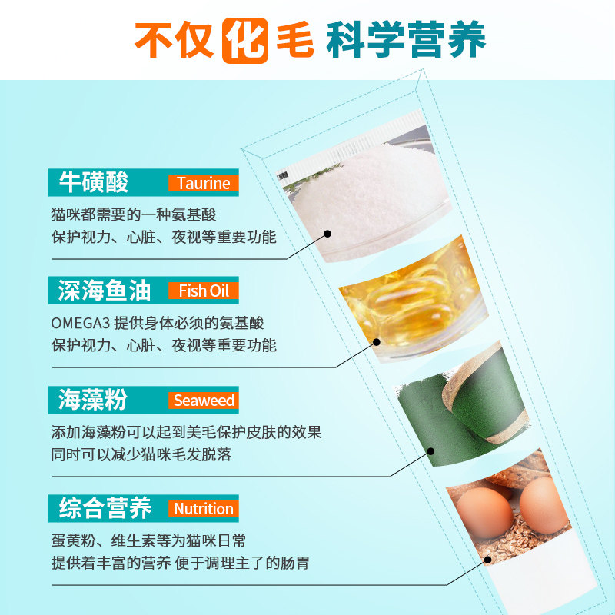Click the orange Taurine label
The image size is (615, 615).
coord(203,183)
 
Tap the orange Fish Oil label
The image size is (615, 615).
coord(203,291)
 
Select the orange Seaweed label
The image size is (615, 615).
coord(203,400)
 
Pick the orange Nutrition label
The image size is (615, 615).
coord(203,509)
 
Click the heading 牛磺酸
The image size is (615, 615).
coord(94,182)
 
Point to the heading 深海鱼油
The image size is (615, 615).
coord(105,291)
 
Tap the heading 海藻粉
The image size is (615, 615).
coord(93,400)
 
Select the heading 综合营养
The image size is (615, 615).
coord(105,508)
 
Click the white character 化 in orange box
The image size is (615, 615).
coord(245,41)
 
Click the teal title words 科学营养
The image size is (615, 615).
coord(406,39)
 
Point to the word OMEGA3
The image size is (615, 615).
coord(80,324)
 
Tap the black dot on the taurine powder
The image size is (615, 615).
coord(327,234)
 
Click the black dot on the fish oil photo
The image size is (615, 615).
coord(377,342)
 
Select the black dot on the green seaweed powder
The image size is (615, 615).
coord(430,451)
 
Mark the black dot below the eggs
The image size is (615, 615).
coord(487,560)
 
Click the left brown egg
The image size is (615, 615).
coord(485,512)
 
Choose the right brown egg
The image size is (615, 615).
coord(544,506)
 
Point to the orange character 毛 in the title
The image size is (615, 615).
coord(295,40)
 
